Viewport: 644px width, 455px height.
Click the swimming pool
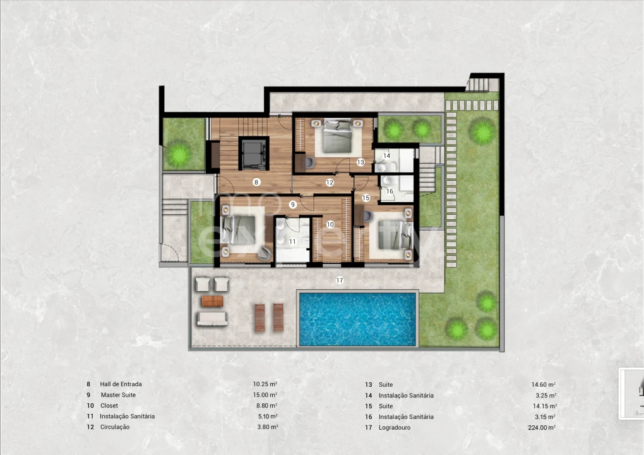pos(357,319)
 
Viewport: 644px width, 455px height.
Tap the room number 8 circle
pos(256,182)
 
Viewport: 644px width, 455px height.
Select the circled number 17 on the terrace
pos(340,281)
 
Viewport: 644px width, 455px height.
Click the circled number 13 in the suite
pos(361,162)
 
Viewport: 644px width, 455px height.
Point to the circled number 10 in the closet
pos(330,224)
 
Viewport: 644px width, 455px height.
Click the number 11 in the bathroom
pos(292,241)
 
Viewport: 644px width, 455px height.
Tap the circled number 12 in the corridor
pos(330,183)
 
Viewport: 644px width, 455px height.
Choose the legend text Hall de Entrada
pos(121,384)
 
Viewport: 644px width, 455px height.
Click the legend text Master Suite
pos(118,394)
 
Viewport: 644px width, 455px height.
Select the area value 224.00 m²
pos(542,427)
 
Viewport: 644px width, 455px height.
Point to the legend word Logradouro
pos(394,427)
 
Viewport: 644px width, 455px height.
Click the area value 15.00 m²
pos(265,394)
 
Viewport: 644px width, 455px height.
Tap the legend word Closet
pos(109,405)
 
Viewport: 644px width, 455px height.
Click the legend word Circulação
pos(115,427)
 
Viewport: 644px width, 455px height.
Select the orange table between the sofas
pos(212,301)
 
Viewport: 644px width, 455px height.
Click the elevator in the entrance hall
pos(254,154)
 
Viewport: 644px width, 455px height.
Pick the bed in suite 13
pos(337,136)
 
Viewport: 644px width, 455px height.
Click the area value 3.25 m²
pos(546,396)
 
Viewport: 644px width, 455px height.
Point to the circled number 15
pos(366,198)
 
